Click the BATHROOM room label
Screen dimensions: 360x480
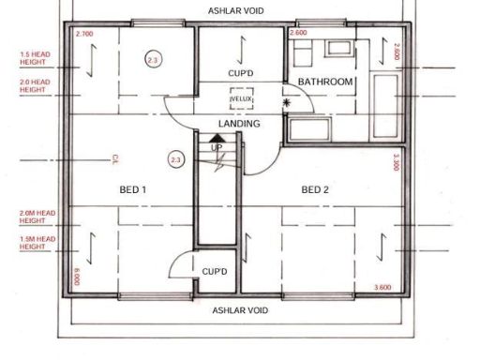[x=325, y=82]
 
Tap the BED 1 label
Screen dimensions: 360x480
[x=132, y=190]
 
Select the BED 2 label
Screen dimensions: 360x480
[x=315, y=190]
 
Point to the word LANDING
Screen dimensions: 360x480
[x=238, y=124]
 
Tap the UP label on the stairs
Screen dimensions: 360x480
[x=217, y=148]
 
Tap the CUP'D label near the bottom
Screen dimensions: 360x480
[x=215, y=271]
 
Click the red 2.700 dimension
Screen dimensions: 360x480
[x=84, y=34]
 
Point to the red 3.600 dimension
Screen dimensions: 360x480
[x=382, y=287]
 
